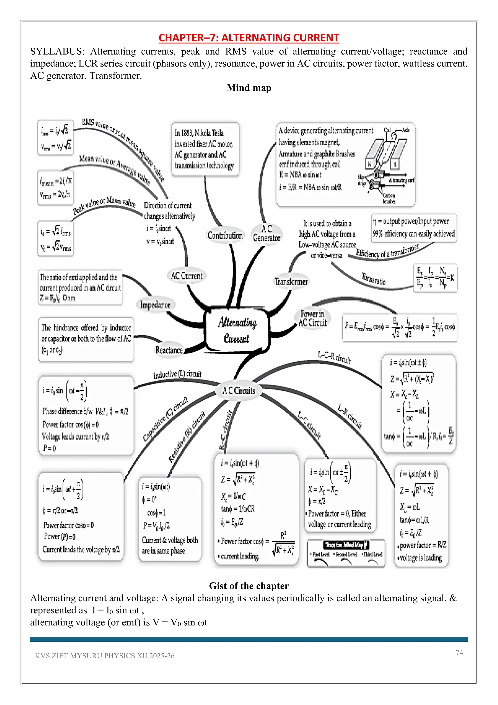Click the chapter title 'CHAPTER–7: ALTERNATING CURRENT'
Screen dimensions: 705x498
click(249, 38)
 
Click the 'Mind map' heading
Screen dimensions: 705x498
click(249, 88)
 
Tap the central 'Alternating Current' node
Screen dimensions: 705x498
click(237, 330)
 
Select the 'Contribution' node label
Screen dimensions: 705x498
click(225, 235)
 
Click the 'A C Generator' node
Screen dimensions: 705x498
click(267, 233)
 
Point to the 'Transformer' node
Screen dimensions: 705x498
click(291, 281)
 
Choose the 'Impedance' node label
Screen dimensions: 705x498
click(155, 305)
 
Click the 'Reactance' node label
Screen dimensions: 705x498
click(169, 350)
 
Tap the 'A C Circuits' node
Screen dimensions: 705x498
click(239, 390)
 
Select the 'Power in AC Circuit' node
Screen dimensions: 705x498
click(312, 318)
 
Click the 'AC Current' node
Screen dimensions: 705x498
click(187, 275)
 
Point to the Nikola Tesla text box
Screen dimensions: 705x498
click(205, 149)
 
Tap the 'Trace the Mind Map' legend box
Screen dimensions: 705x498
click(346, 552)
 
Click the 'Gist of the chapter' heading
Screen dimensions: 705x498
click(249, 586)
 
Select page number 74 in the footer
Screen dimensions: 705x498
click(459, 652)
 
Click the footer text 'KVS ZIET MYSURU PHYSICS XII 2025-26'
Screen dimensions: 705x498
click(105, 656)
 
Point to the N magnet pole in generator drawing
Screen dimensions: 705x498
click(369, 164)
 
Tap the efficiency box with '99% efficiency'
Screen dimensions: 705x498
click(414, 228)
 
